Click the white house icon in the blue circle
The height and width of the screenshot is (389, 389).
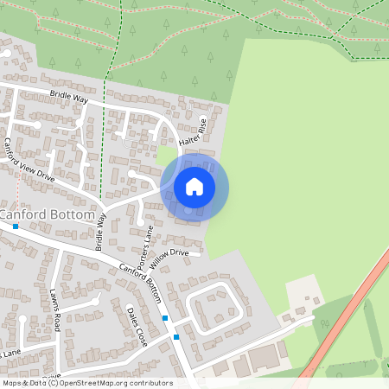[194, 186]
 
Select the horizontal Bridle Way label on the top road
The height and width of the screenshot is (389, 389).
[69, 99]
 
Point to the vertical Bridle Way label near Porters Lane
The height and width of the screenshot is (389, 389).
[100, 231]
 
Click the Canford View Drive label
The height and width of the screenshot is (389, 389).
[30, 160]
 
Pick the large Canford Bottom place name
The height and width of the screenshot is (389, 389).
[48, 214]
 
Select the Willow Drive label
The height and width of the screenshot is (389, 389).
[168, 254]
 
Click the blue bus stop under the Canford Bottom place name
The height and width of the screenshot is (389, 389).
[16, 226]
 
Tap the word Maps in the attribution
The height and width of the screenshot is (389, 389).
[13, 382]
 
